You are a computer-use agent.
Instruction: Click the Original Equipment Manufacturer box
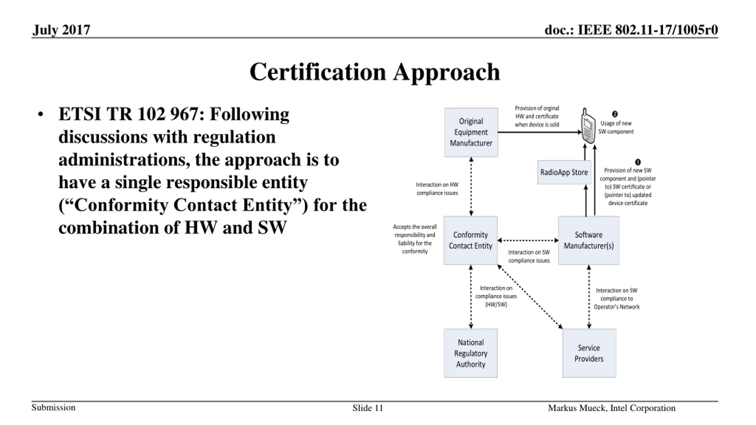click(x=471, y=132)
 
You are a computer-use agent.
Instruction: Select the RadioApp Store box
click(x=564, y=172)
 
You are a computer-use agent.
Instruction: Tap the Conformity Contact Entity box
click(x=470, y=240)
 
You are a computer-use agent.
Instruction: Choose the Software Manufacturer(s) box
click(x=589, y=240)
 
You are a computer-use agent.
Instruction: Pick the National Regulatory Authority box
click(x=470, y=353)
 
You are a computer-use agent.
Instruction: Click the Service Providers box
click(x=589, y=353)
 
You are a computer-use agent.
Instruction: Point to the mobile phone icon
click(x=588, y=126)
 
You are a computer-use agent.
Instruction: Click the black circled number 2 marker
click(x=615, y=114)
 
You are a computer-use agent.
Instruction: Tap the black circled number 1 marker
click(x=638, y=162)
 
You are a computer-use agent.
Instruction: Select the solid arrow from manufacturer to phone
click(x=540, y=132)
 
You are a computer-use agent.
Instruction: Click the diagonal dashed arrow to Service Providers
click(x=530, y=297)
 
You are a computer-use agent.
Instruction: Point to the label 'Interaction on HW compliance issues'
click(x=437, y=189)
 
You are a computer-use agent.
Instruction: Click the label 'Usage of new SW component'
click(x=616, y=127)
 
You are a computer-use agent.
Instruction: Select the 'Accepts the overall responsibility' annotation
click(x=415, y=239)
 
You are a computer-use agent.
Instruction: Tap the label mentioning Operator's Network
click(x=617, y=299)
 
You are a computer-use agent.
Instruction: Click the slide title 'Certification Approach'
click(x=375, y=72)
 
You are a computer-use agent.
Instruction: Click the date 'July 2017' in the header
click(x=61, y=30)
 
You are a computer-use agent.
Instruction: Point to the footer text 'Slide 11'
click(x=368, y=408)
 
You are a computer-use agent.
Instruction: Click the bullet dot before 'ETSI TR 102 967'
click(x=41, y=115)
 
